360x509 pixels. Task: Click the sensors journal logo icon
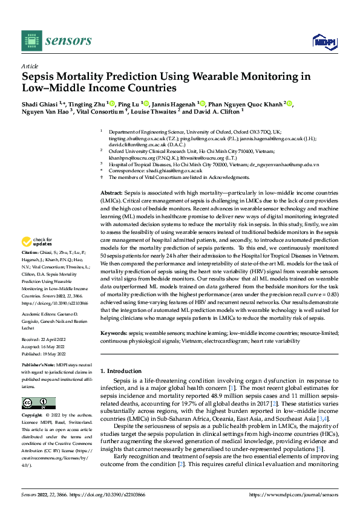[x=30, y=40]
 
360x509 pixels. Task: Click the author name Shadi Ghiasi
[x=42, y=104]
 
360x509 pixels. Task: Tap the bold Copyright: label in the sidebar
[x=32, y=416]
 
